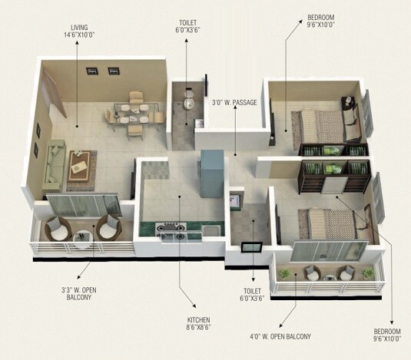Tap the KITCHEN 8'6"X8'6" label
click(197, 323)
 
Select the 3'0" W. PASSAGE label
click(234, 101)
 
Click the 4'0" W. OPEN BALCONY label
click(291, 335)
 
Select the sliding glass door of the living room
click(83, 207)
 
